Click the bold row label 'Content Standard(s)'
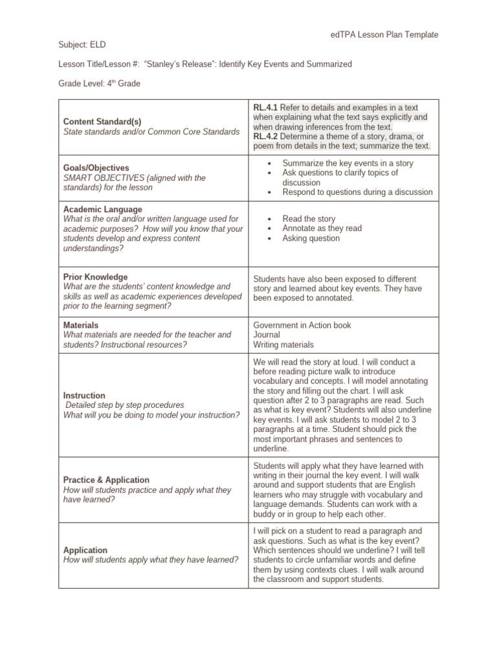[102, 122]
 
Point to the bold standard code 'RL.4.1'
[265, 107]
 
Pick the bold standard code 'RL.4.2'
[265, 136]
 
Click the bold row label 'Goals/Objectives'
[96, 168]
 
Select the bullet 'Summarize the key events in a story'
[348, 163]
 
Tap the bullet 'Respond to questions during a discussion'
[357, 192]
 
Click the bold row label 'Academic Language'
[102, 210]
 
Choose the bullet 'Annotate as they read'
[322, 229]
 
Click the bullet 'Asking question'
[311, 238]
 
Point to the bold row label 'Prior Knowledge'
[95, 276]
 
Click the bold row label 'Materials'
[81, 325]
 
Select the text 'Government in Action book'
[302, 325]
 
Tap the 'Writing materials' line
[283, 344]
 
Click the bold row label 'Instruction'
[84, 396]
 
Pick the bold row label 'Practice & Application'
[106, 480]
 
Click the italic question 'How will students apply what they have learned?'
[151, 559]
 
